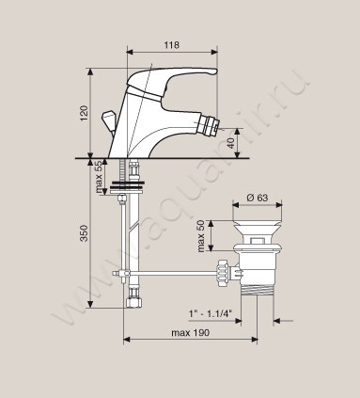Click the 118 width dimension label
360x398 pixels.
pyautogui.click(x=172, y=45)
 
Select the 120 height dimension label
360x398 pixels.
pyautogui.click(x=85, y=114)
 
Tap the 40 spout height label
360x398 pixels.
pyautogui.click(x=230, y=143)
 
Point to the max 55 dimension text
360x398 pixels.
pyautogui.click(x=99, y=177)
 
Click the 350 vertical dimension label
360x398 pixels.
pyautogui.click(x=85, y=232)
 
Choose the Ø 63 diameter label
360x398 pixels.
pyautogui.click(x=258, y=198)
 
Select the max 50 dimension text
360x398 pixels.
pyautogui.click(x=200, y=236)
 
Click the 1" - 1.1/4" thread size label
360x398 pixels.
pyautogui.click(x=211, y=313)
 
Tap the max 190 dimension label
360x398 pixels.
pyautogui.click(x=190, y=333)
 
